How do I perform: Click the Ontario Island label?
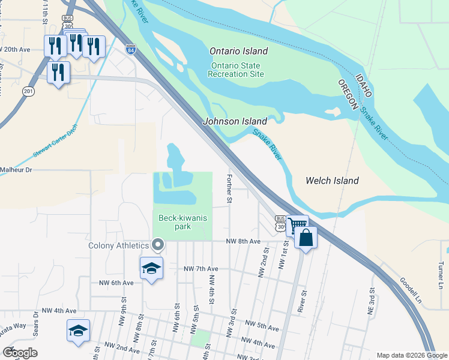click(239, 52)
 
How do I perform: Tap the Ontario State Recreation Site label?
click(236, 70)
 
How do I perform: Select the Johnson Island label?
click(235, 121)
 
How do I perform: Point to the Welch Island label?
click(332, 181)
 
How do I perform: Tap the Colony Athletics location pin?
click(158, 245)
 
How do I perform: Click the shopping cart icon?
click(297, 226)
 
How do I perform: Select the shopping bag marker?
click(306, 238)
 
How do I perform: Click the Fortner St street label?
click(229, 188)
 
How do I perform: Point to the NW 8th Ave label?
click(243, 241)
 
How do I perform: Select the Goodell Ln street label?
click(410, 290)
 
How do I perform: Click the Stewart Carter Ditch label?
click(56, 145)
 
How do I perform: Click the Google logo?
click(20, 353)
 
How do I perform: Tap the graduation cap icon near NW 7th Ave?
click(151, 268)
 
